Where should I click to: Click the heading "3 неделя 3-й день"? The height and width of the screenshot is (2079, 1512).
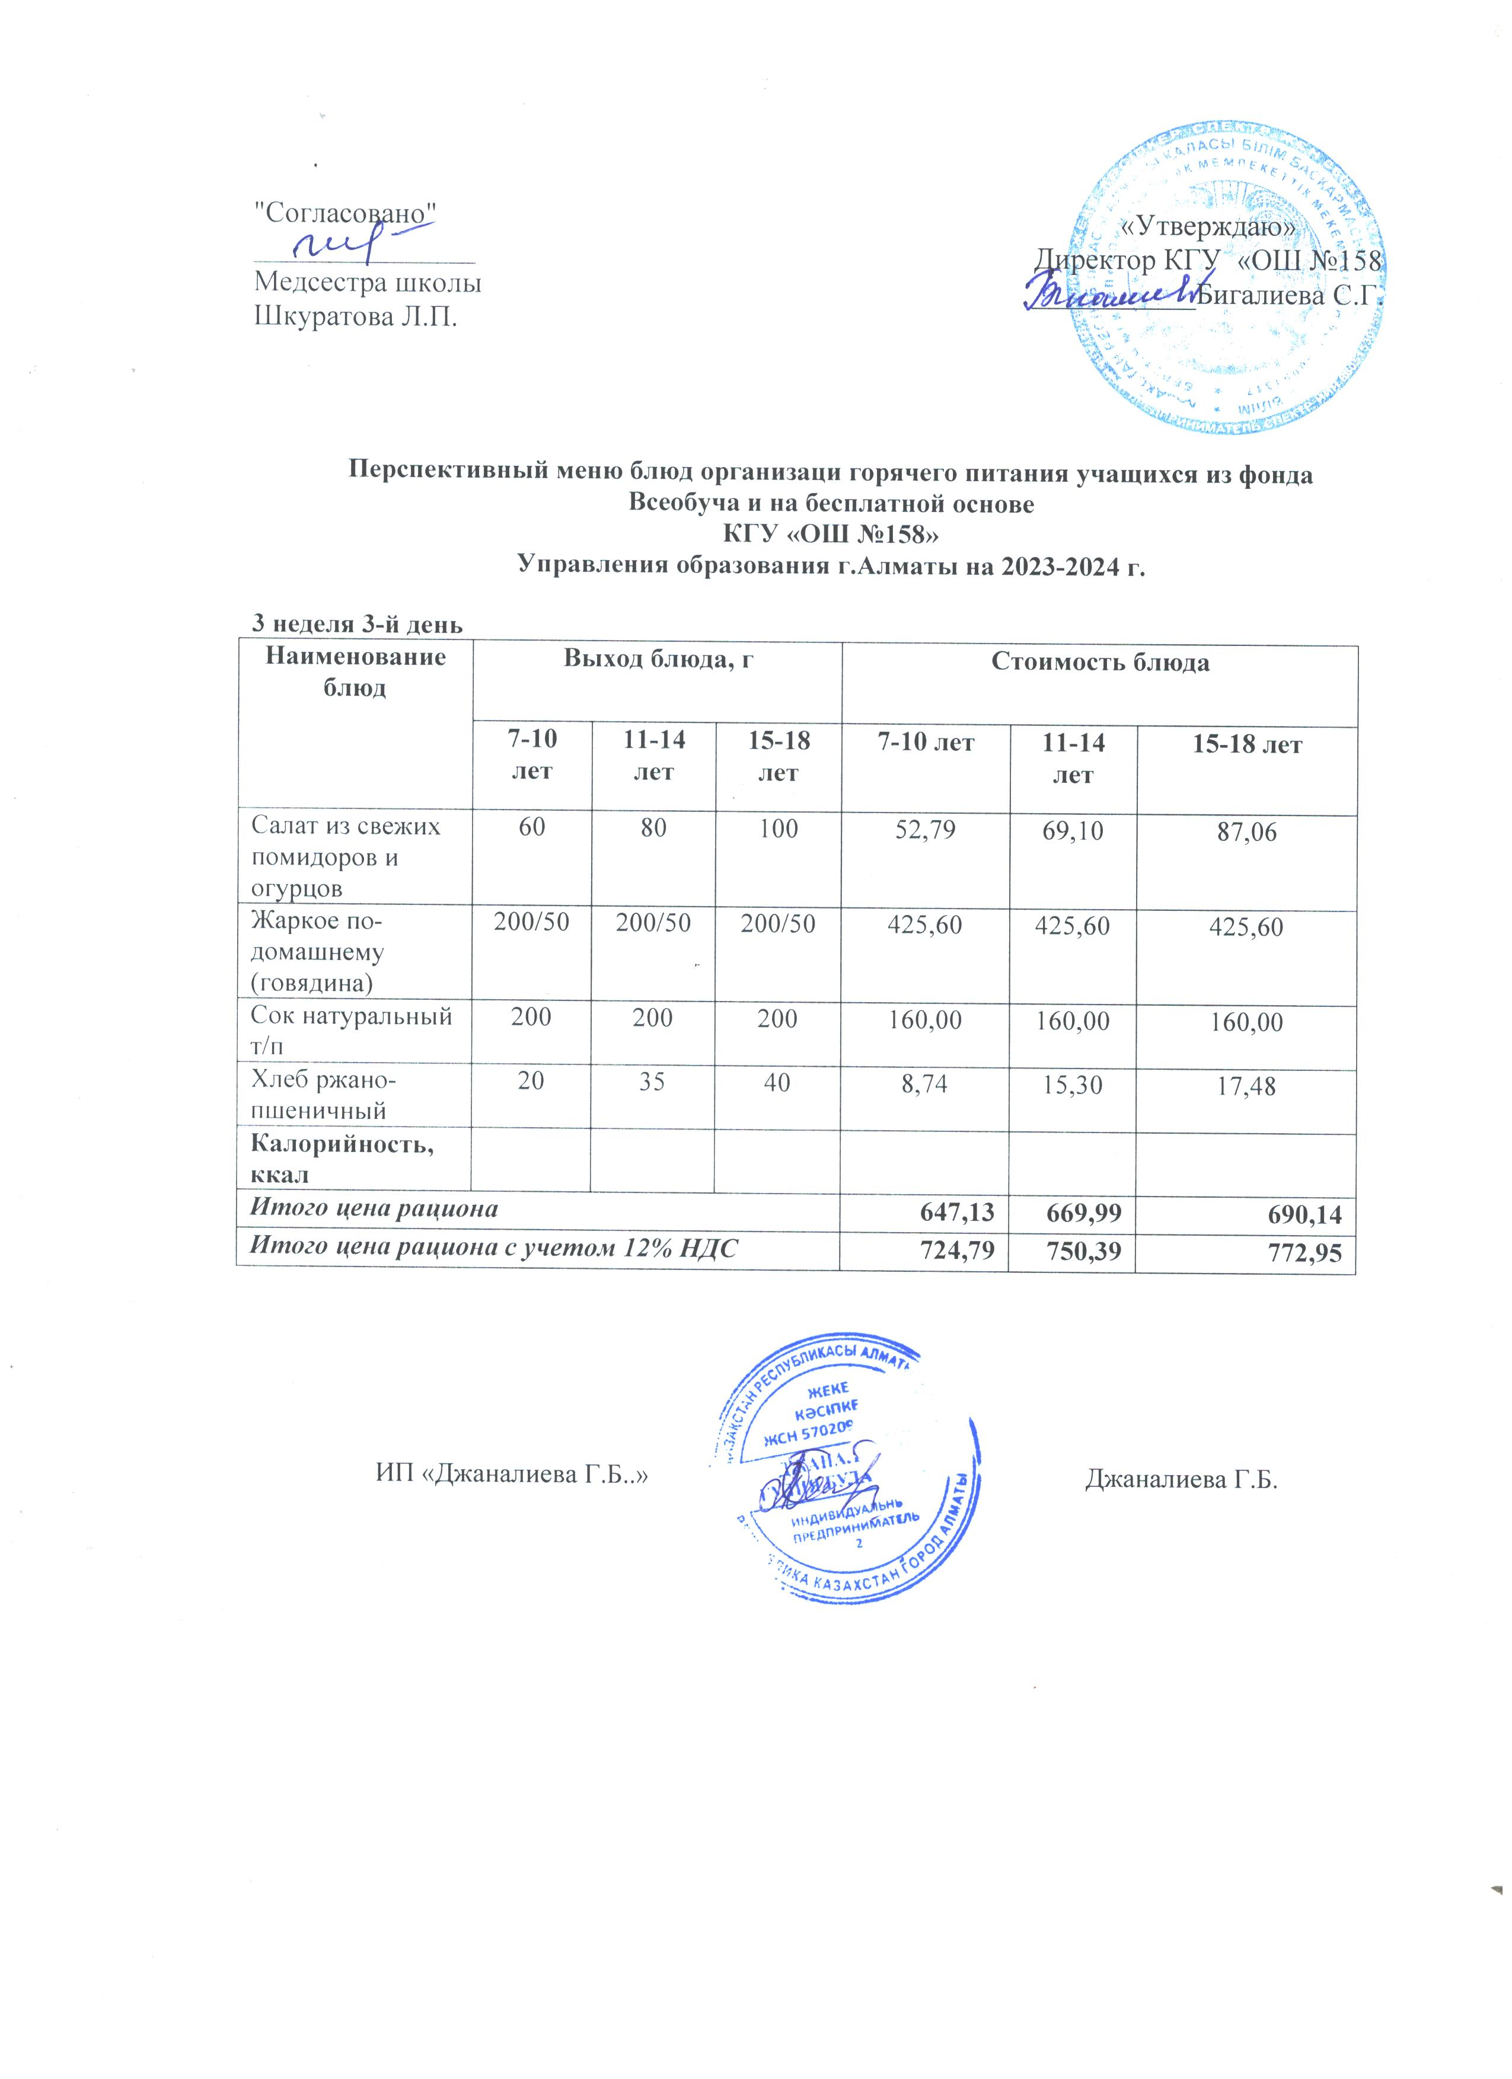(357, 624)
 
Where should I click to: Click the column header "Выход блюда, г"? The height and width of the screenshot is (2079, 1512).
(658, 661)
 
